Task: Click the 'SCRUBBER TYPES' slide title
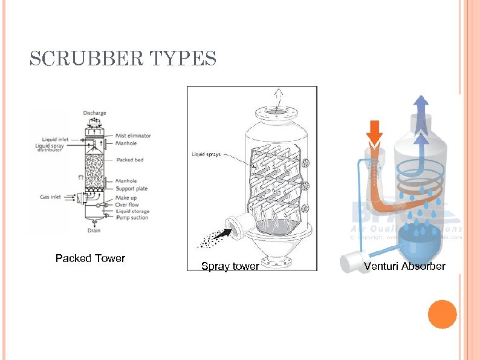[123, 59]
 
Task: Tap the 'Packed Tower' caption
[90, 258]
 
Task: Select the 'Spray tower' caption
[230, 266]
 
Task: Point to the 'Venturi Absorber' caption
[404, 266]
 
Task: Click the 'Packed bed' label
[129, 160]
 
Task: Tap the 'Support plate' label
[131, 189]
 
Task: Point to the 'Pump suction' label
[131, 218]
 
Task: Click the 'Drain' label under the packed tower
[94, 230]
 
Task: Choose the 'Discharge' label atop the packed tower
[95, 113]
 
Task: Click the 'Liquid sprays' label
[206, 154]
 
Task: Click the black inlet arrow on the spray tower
[223, 232]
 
